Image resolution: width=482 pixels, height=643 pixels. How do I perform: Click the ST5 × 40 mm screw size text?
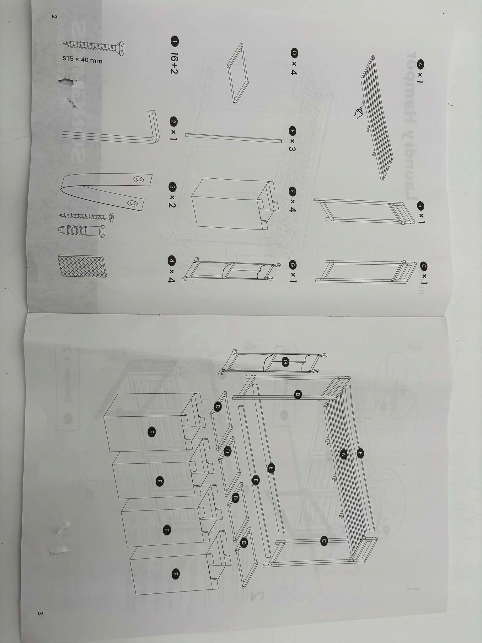[83, 60]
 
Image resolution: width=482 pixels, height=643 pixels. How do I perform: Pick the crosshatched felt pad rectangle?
[82, 266]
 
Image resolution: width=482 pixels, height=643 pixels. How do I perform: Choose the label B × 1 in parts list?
[420, 213]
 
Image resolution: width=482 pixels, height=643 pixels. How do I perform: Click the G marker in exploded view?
[285, 362]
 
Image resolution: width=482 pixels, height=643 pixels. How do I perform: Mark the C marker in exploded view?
[324, 541]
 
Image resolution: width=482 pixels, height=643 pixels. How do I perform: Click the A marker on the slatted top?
[343, 454]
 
